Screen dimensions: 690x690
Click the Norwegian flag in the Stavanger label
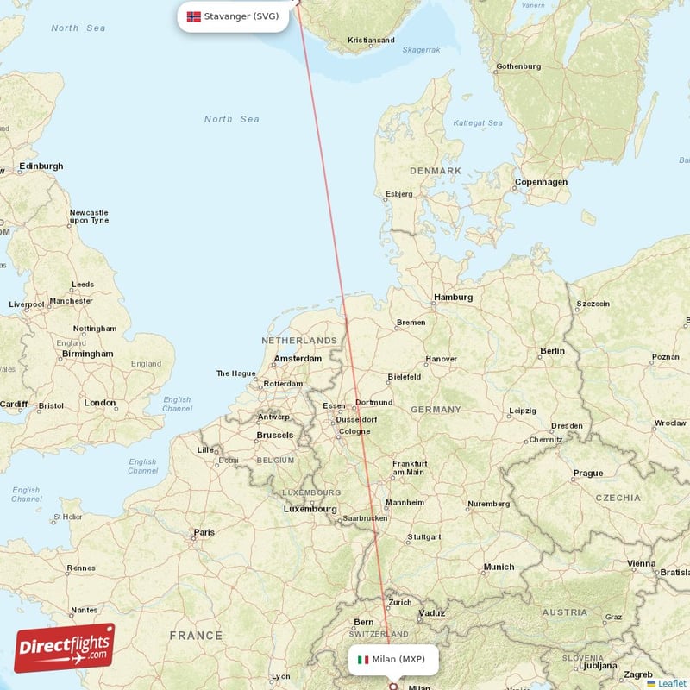pyautogui.click(x=193, y=16)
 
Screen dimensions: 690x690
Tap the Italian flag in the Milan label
pyautogui.click(x=363, y=660)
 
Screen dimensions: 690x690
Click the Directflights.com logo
pyautogui.click(x=65, y=648)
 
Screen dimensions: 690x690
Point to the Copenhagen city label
pyautogui.click(x=541, y=182)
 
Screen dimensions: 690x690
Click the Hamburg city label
pyautogui.click(x=454, y=298)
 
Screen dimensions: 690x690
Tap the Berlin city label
pyautogui.click(x=552, y=351)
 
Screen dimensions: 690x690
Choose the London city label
pyautogui.click(x=100, y=403)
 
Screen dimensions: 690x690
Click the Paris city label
pyautogui.click(x=204, y=532)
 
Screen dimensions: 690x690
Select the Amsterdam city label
pyautogui.click(x=298, y=359)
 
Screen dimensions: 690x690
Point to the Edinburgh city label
pyautogui.click(x=41, y=166)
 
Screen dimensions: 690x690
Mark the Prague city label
pyautogui.click(x=588, y=473)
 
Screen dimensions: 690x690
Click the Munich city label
pyautogui.click(x=499, y=567)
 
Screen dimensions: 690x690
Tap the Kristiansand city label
pyautogui.click(x=371, y=40)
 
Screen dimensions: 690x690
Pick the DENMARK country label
pyautogui.click(x=436, y=171)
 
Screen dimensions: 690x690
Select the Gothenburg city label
pyautogui.click(x=518, y=66)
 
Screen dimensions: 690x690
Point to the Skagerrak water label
pyautogui.click(x=421, y=50)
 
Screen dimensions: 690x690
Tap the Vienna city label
pyautogui.click(x=642, y=563)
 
